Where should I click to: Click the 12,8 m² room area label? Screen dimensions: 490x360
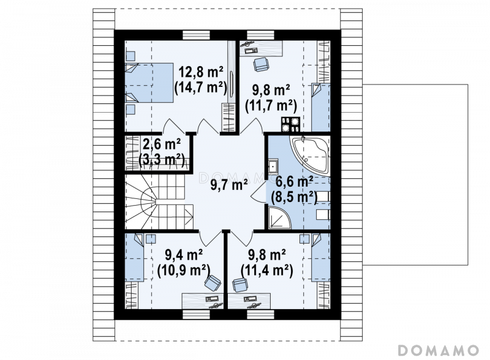click(200, 72)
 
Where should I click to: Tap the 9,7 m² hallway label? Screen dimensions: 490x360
click(229, 185)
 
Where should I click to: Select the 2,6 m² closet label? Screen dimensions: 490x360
click(161, 145)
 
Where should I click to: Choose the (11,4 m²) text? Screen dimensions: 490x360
click(267, 271)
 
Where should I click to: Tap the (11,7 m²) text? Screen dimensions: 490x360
click(271, 106)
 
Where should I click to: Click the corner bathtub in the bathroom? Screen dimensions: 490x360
click(310, 154)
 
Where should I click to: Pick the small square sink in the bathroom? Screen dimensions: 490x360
click(273, 167)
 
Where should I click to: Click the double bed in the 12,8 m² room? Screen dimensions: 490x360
click(149, 83)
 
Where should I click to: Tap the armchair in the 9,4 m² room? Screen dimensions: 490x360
click(213, 283)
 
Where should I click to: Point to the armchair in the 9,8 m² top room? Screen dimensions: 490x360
click(261, 64)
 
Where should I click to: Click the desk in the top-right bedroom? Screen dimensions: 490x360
click(262, 48)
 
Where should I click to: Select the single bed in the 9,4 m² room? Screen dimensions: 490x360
click(134, 258)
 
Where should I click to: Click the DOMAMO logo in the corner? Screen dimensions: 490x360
click(439, 350)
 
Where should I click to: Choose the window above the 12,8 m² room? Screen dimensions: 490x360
click(196, 35)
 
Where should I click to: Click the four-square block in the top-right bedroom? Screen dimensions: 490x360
click(290, 124)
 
